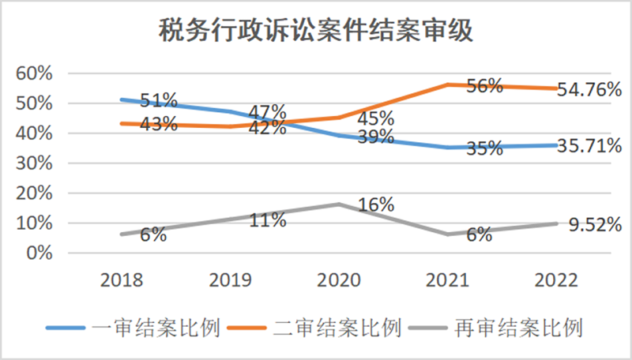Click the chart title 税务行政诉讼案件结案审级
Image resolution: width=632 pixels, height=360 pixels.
tap(316, 32)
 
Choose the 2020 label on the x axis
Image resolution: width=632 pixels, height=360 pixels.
tap(339, 280)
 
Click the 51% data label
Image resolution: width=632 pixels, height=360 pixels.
tap(158, 101)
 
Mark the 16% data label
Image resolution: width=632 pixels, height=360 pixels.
tap(376, 205)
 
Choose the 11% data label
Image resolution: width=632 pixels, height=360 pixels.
tap(267, 220)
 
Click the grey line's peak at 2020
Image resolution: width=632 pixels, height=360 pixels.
tap(339, 204)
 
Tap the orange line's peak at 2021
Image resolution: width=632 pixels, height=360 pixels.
tap(448, 84)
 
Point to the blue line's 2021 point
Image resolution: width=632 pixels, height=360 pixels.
tap(448, 147)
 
